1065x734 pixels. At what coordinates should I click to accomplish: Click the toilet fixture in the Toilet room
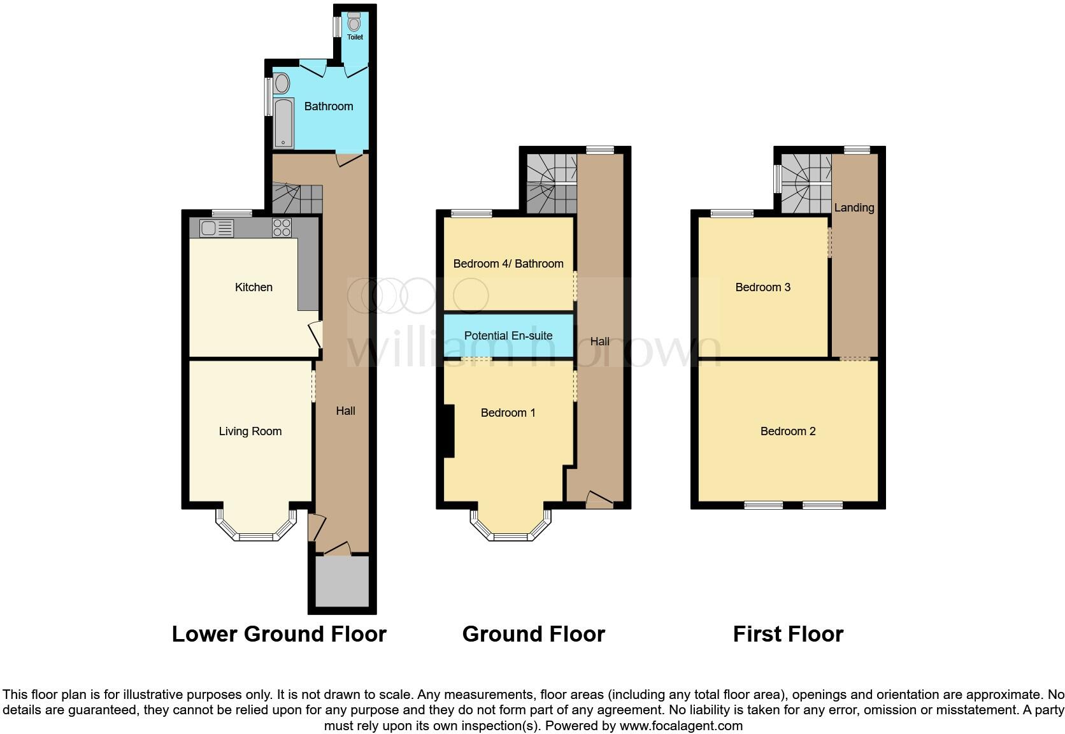coord(354,24)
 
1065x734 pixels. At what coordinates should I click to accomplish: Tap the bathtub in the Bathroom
coord(283,123)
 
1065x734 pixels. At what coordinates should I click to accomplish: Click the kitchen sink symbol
coord(216,227)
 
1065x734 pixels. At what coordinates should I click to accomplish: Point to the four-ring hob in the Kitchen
coord(282,227)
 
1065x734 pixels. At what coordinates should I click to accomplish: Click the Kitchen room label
coord(254,287)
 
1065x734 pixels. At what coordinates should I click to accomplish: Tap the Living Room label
coord(250,431)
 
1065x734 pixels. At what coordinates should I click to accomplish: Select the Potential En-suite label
coord(508,336)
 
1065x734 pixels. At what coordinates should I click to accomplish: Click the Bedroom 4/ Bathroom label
coord(508,264)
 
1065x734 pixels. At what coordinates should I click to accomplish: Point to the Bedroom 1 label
coord(508,413)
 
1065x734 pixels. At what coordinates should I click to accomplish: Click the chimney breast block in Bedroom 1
coord(449,431)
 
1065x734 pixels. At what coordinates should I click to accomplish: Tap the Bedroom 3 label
coord(762,287)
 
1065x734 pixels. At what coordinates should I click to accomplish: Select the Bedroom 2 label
coord(788,431)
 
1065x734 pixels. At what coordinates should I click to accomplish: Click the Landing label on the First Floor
coord(854,208)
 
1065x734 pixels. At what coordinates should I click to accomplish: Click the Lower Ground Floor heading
coord(279,634)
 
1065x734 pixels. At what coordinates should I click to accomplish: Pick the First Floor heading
coord(788,634)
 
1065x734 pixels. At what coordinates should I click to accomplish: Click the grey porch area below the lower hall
coord(343,581)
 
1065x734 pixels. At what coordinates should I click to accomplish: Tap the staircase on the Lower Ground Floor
coord(297,198)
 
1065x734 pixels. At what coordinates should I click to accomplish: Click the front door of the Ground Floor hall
coord(599,500)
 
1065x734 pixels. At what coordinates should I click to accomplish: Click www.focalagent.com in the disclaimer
coord(681,726)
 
